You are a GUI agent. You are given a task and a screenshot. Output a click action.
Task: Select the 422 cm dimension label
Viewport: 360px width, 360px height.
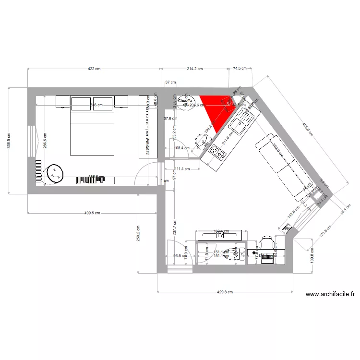[x=94, y=69]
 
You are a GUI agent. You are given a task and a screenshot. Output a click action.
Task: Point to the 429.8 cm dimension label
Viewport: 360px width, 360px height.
[x=224, y=292]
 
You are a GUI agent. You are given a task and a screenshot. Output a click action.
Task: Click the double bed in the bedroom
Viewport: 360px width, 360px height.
[x=93, y=132]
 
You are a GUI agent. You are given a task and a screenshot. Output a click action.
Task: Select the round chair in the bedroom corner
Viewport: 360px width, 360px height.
[x=54, y=173]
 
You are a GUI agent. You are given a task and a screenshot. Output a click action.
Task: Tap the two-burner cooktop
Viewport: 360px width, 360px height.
[x=218, y=153]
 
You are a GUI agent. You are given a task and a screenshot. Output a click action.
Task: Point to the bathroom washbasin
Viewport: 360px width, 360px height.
[x=203, y=141]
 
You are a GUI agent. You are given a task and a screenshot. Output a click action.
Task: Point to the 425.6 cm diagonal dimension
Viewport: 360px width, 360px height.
[x=307, y=128]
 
